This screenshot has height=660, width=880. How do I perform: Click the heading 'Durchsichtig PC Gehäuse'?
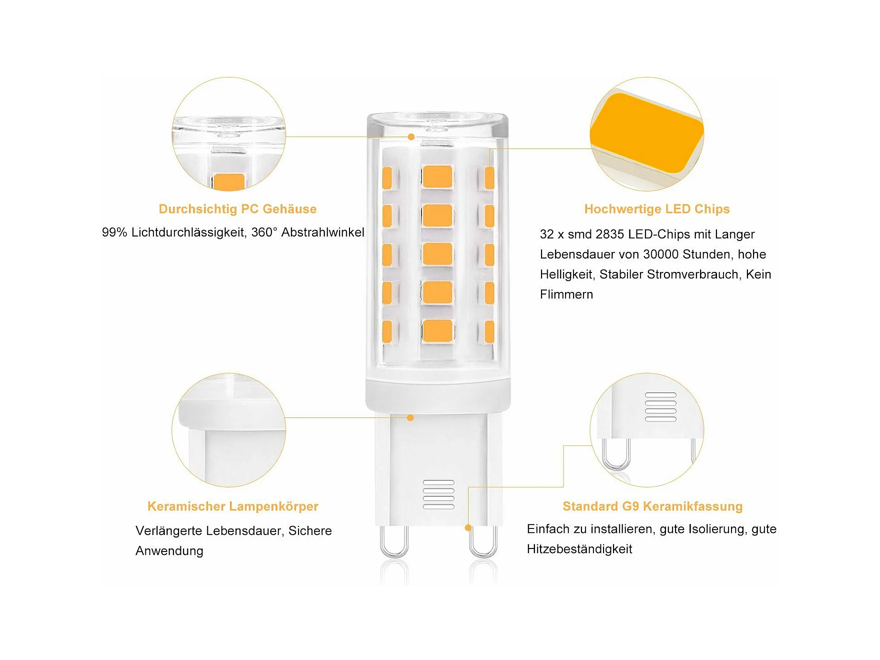tap(237, 209)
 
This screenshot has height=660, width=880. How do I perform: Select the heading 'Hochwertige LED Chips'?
tap(657, 209)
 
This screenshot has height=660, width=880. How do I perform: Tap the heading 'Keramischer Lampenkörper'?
tap(232, 506)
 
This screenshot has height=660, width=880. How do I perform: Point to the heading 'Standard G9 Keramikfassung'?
tap(652, 506)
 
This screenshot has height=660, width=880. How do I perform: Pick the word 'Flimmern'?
tap(566, 294)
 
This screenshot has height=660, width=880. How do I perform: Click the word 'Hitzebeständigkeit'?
tap(579, 549)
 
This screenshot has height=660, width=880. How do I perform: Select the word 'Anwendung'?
tap(169, 551)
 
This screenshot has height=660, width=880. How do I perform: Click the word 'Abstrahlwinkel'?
tap(323, 232)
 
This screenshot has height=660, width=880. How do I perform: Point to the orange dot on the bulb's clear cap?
tap(411, 136)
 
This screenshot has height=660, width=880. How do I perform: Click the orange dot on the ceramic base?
tap(410, 417)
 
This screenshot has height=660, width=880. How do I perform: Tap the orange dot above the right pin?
tap(468, 527)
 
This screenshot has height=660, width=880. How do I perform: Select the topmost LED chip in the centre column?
tap(437, 176)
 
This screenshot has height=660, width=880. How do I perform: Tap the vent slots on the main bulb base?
tap(438, 494)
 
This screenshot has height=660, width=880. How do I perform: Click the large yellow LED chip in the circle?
tap(646, 133)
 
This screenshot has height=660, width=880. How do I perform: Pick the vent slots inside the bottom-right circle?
tap(660, 407)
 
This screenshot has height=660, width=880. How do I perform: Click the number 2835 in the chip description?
tap(610, 234)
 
